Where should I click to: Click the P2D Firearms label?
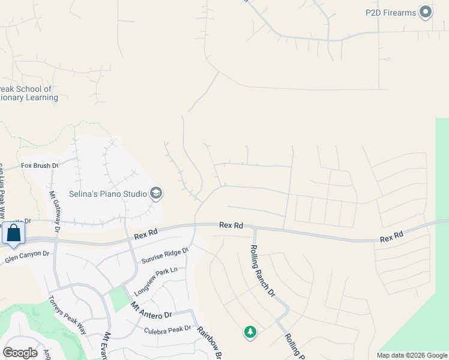pos(391,12)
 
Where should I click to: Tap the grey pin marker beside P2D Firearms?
pos(426,12)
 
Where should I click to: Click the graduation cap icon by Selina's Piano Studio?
pos(156,193)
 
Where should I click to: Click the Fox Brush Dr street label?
pos(40,166)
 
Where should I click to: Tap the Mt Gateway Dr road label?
pos(55,211)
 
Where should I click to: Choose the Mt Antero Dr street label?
pos(151,310)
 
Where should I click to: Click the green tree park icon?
pos(250,332)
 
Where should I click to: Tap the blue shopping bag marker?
pos(13,233)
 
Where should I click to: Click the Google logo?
pos(20,353)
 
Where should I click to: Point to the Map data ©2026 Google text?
pos(411,355)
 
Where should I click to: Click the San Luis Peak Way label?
pos(2,185)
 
